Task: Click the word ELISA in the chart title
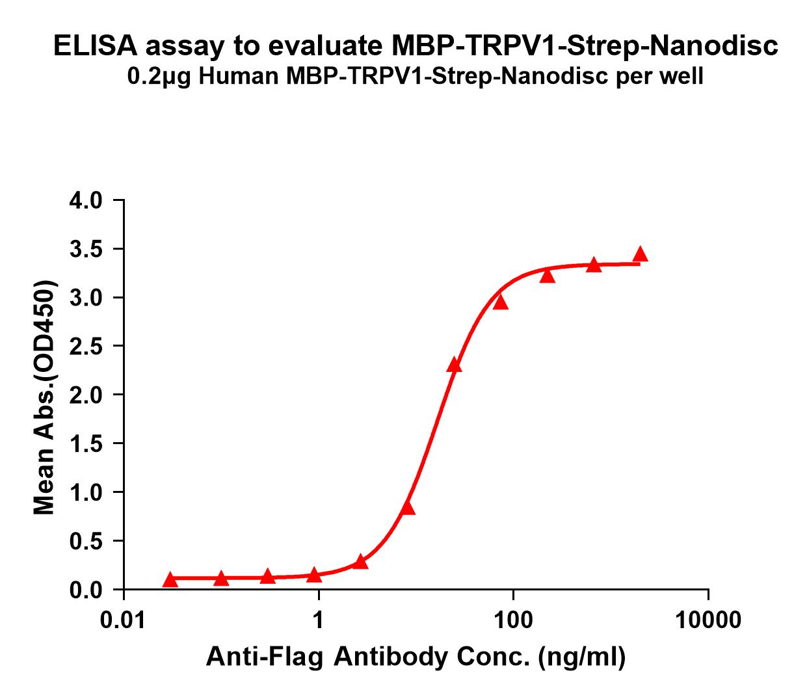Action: [95, 46]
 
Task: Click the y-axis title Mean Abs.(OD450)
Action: [44, 399]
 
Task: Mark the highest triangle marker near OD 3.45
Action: [641, 254]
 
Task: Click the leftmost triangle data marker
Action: [170, 579]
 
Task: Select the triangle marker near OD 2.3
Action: [454, 365]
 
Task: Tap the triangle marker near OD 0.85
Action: [408, 508]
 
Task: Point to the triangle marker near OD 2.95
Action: [500, 302]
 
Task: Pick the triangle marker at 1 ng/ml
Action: [315, 575]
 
